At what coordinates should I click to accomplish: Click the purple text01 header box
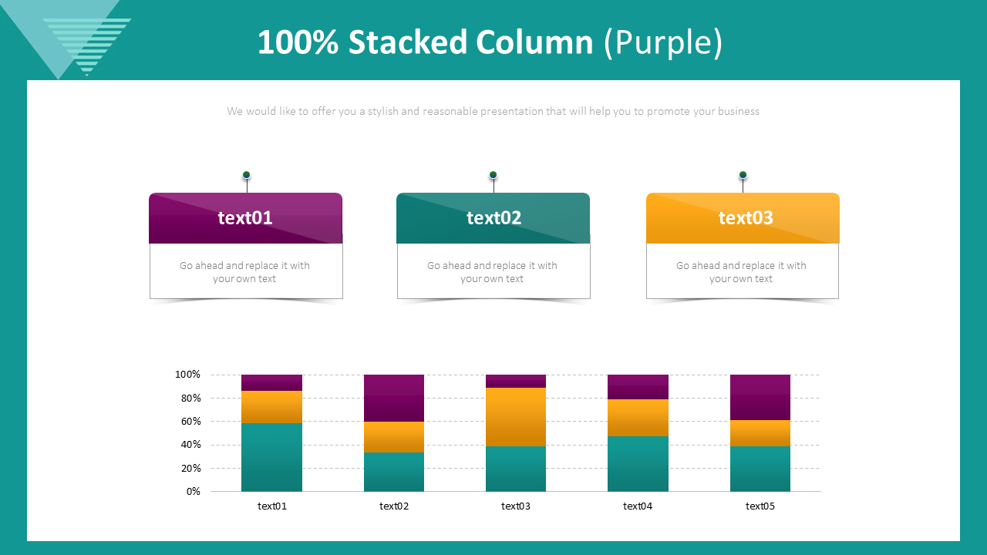pos(245,218)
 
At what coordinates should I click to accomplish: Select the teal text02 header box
pos(493,218)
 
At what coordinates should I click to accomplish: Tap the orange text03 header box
pos(743,218)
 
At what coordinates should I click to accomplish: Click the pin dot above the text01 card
pos(247,175)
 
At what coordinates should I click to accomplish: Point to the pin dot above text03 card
pos(743,175)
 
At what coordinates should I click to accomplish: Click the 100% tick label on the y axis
pos(187,375)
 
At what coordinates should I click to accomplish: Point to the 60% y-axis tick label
pos(190,422)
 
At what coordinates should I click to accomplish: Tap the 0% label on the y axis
pos(193,491)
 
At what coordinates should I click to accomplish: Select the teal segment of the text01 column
pos(271,457)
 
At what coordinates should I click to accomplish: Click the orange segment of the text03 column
pos(516,417)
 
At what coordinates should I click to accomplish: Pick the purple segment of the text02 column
pos(394,398)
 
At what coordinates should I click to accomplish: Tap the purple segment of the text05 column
pos(760,397)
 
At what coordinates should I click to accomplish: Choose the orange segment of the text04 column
pos(638,418)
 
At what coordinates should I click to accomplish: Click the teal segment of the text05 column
pos(760,469)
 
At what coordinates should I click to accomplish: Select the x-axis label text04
pos(638,506)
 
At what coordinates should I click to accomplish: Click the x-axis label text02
pos(394,506)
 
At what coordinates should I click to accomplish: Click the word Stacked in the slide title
pos(407,42)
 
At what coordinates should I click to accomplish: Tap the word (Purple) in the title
pos(663,42)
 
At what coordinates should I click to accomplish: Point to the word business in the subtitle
pos(738,111)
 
